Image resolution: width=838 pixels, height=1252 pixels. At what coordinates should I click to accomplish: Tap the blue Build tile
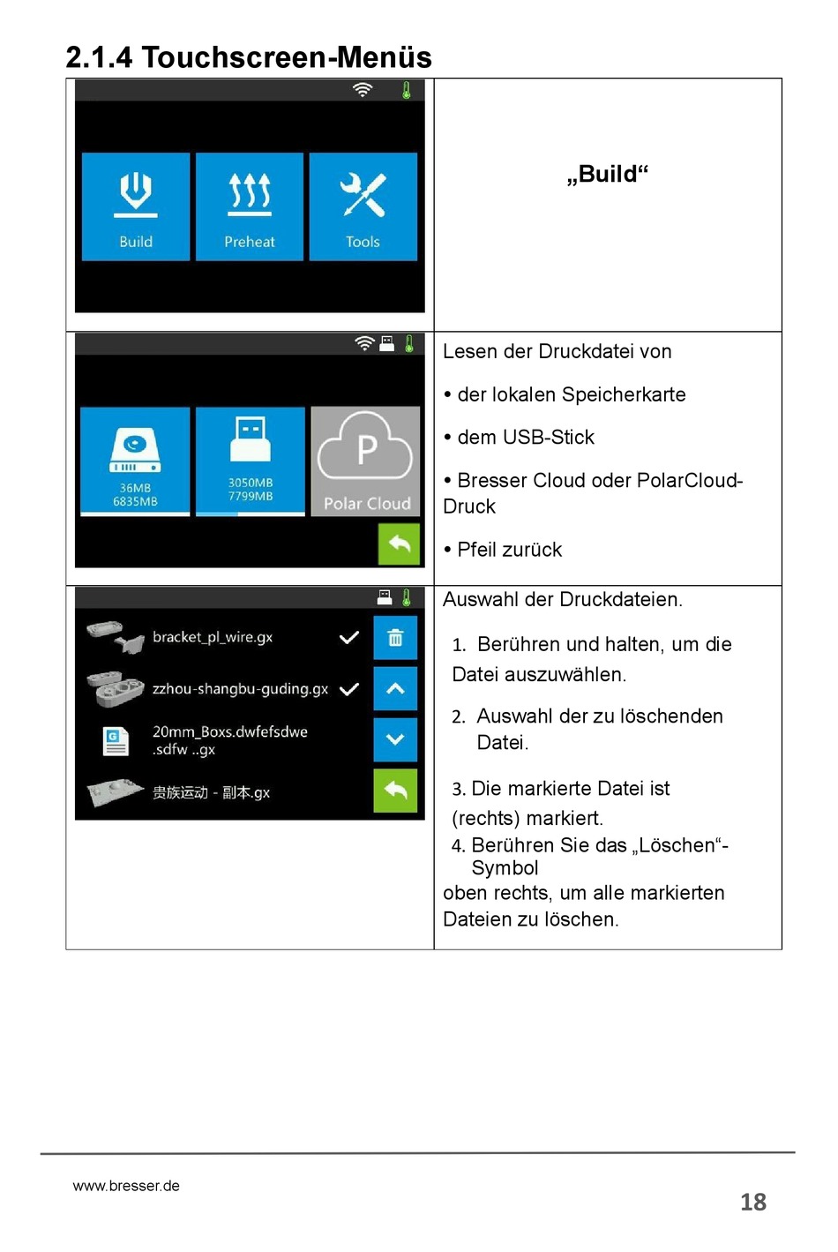click(x=136, y=207)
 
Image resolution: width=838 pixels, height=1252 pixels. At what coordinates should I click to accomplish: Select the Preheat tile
click(x=250, y=207)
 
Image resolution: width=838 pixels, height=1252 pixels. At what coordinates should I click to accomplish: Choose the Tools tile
click(x=363, y=207)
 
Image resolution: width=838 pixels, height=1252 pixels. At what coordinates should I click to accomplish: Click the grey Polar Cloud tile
click(x=366, y=461)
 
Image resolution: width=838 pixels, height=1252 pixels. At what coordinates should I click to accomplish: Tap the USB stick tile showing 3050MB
click(x=250, y=461)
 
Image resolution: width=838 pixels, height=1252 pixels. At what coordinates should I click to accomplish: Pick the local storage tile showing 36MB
click(x=135, y=461)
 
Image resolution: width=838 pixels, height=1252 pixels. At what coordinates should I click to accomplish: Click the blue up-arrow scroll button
click(x=395, y=689)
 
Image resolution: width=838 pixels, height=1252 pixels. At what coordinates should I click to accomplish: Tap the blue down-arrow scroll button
click(x=395, y=739)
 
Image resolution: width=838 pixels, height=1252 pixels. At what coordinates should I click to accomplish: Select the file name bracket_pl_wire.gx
click(x=213, y=637)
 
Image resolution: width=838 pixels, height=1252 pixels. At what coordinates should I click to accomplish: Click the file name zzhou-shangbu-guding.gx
click(x=240, y=689)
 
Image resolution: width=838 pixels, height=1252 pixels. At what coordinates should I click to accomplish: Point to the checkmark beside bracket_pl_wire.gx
click(x=349, y=637)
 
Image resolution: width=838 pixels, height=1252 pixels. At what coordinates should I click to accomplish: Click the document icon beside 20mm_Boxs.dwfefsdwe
click(x=116, y=740)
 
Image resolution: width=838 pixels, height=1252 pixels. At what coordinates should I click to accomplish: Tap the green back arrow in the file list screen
click(x=395, y=791)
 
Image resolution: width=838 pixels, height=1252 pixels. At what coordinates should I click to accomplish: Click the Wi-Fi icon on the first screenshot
click(x=363, y=90)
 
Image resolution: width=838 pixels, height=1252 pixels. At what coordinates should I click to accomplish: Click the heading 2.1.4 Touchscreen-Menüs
click(x=249, y=57)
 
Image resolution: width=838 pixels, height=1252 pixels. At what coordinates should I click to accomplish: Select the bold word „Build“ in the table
click(x=607, y=174)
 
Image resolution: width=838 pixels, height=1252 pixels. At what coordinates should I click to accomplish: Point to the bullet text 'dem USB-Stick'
click(x=526, y=438)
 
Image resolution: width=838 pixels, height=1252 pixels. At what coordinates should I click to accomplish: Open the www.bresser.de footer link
click(x=126, y=1186)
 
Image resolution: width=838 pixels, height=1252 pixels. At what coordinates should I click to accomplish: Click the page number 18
click(x=752, y=1202)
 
